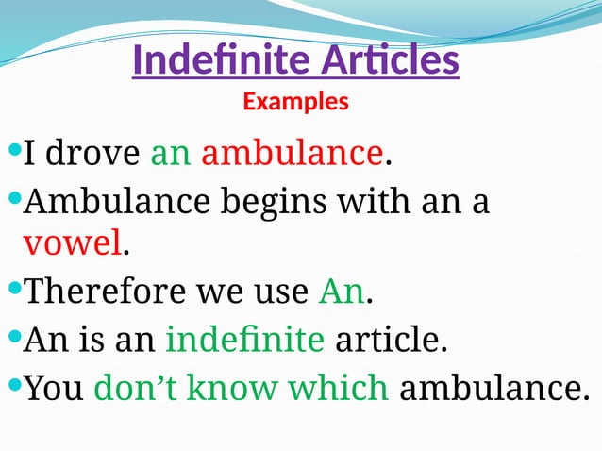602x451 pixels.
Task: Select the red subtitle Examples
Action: click(x=295, y=101)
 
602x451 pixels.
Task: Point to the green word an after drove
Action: click(x=171, y=151)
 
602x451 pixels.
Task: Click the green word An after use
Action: click(x=341, y=292)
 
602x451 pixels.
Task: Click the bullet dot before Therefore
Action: click(x=12, y=290)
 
